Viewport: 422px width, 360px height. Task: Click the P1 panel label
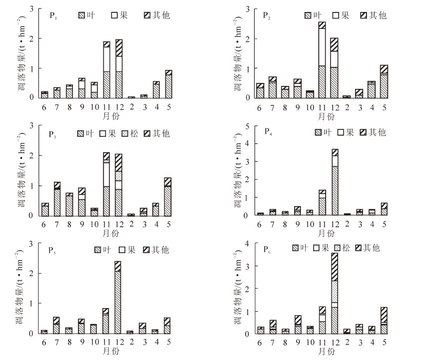tap(52, 15)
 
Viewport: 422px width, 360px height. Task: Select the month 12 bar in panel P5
tap(117, 297)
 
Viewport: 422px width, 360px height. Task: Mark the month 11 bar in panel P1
tap(106, 70)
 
